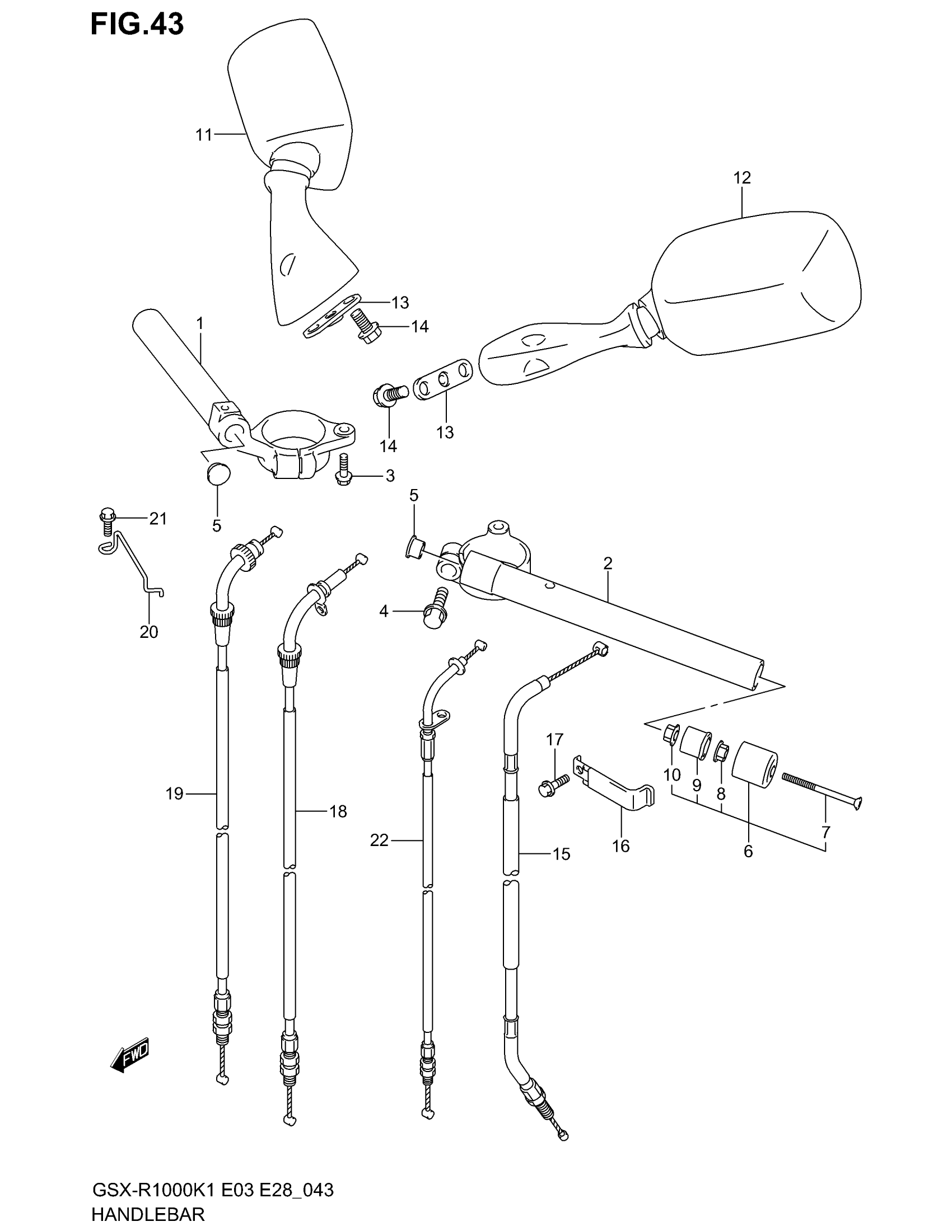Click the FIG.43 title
137,25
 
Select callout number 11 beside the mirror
204,135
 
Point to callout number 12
742,178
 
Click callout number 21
158,518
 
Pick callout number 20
149,632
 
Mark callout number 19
175,793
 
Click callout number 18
338,811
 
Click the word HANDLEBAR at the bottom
148,1214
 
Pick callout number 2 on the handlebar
608,563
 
